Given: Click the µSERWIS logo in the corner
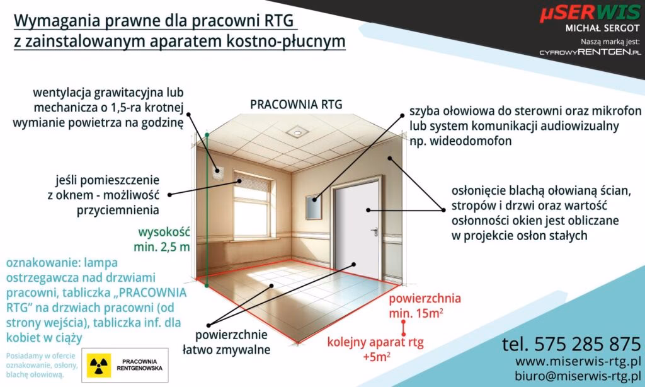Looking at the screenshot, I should click(588, 13).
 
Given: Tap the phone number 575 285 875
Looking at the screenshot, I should click(571, 344).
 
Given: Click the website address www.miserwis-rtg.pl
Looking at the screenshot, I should click(578, 362).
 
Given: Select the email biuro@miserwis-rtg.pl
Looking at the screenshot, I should click(578, 376).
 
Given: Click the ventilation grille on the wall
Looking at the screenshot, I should click(219, 170).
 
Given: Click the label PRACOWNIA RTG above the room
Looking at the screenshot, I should click(296, 105).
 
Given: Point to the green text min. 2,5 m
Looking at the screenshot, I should click(161, 246).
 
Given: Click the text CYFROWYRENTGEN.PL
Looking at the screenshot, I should click(590, 52).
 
